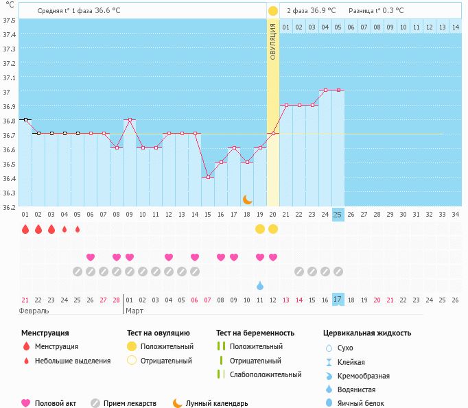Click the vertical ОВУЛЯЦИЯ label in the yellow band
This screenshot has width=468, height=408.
click(272, 41)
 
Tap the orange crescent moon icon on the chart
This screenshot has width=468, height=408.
click(248, 200)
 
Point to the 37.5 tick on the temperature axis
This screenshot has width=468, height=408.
click(9, 20)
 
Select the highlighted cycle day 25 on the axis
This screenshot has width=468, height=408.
click(338, 215)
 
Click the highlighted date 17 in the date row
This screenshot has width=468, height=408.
click(338, 300)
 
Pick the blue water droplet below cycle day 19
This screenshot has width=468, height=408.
click(260, 285)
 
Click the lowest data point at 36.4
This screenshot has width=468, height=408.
click(208, 177)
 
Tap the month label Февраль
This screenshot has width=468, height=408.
click(34, 311)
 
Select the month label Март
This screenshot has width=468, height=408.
click(134, 311)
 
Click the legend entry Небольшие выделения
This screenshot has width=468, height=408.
click(73, 361)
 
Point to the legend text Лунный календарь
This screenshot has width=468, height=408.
click(217, 404)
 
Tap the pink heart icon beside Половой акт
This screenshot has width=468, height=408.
click(26, 403)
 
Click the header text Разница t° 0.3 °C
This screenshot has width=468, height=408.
click(376, 10)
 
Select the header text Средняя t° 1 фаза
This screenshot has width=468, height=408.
click(65, 10)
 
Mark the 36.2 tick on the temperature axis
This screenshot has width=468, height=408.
click(9, 207)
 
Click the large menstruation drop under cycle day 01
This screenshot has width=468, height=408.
click(25, 229)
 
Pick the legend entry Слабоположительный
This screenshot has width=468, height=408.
click(266, 374)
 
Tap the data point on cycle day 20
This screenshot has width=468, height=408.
click(273, 134)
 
